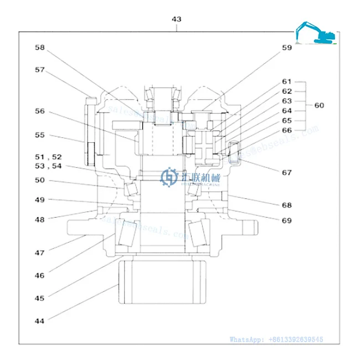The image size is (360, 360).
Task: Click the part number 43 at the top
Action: tap(176, 19)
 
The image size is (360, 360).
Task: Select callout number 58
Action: tap(39, 48)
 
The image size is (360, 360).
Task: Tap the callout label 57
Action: tap(39, 70)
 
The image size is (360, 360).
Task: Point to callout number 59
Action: tap(286, 48)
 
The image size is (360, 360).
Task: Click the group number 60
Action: tap(320, 105)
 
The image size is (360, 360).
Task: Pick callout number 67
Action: tap(286, 172)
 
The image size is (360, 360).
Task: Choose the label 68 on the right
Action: tap(286, 205)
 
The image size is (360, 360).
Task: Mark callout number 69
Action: tap(286, 220)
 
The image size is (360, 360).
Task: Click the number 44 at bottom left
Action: tap(39, 320)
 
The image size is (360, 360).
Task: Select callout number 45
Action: tap(39, 298)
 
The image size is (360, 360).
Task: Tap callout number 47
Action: tap(39, 253)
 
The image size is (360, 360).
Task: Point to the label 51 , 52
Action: tap(49, 157)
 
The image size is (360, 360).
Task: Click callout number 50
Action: tap(39, 180)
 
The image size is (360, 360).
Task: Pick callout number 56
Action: tap(39, 111)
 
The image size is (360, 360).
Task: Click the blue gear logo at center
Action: tap(168, 177)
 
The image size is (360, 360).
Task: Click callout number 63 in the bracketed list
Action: tap(286, 101)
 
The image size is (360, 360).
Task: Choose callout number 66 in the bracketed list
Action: tap(286, 130)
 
